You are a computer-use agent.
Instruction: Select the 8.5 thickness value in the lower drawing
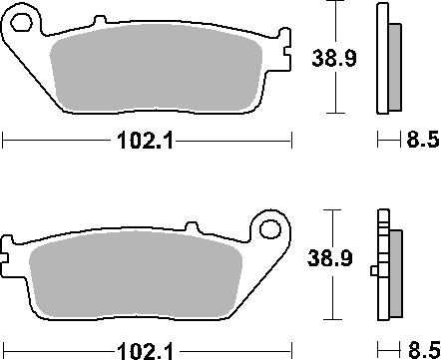click(x=423, y=350)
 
